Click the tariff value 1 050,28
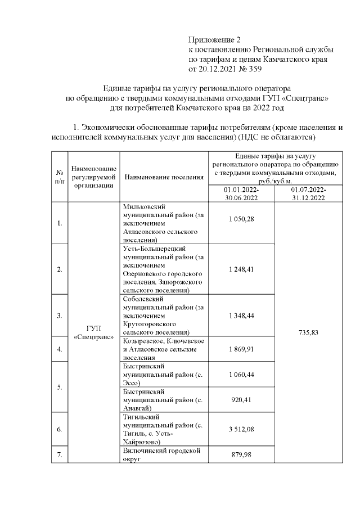[241, 219]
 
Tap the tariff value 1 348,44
[241, 316]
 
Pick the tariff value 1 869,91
[241, 349]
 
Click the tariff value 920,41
[241, 400]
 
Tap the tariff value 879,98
[241, 455]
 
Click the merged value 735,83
[308, 332]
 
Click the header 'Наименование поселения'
[164, 177]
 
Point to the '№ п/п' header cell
[59, 177]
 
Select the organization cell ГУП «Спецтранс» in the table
[94, 332]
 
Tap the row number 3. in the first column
[59, 316]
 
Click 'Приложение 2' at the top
[214, 40]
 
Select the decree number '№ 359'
[248, 69]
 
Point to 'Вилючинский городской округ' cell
[164, 455]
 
